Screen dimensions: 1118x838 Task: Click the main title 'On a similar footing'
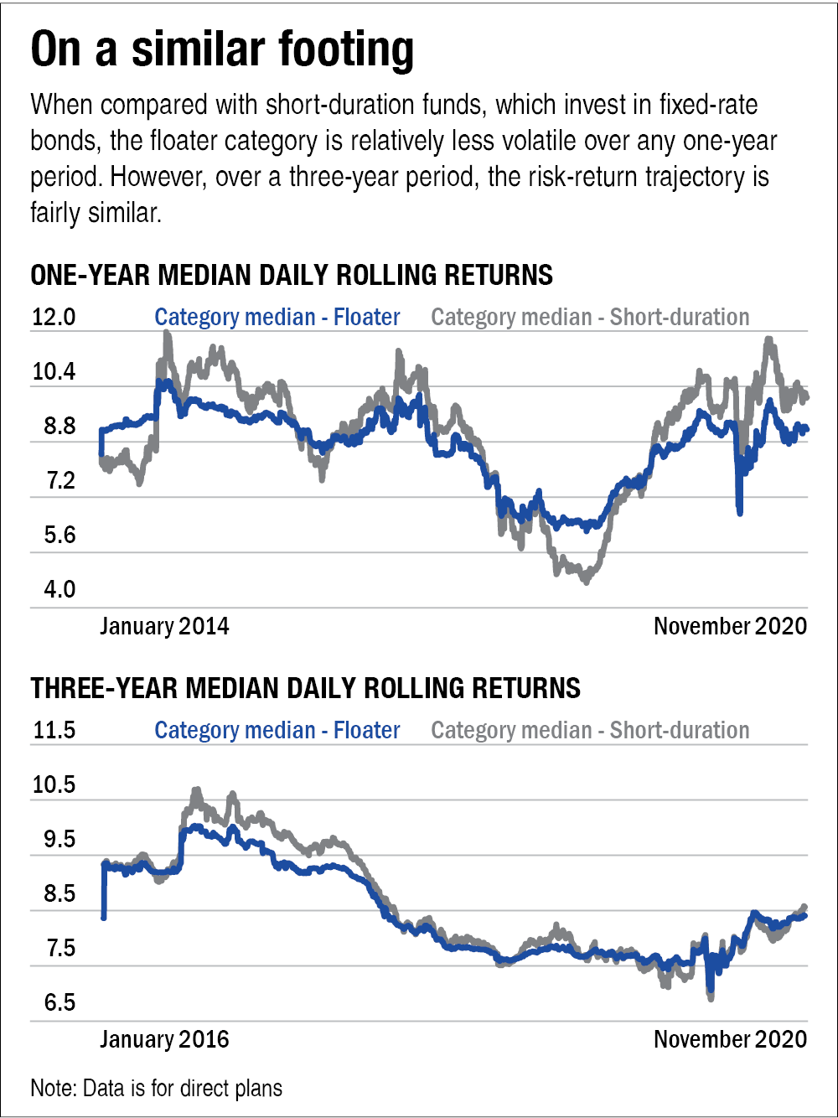pyautogui.click(x=222, y=50)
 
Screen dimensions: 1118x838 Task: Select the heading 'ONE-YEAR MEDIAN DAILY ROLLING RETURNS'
pyautogui.click(x=292, y=275)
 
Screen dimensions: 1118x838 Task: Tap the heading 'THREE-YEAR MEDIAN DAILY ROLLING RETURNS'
pyautogui.click(x=306, y=688)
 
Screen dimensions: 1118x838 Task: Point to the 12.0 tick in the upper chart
pyautogui.click(x=54, y=318)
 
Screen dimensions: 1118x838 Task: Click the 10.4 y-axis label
pyautogui.click(x=54, y=371)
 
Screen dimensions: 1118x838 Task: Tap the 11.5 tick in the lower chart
pyautogui.click(x=54, y=730)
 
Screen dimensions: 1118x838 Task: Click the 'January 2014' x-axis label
pyautogui.click(x=164, y=626)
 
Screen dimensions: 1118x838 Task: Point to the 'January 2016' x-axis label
pyautogui.click(x=164, y=1039)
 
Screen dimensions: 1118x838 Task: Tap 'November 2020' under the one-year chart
pyautogui.click(x=730, y=626)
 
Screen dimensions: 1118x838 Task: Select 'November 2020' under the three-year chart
pyautogui.click(x=730, y=1039)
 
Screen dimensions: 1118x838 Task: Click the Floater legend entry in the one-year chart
pyautogui.click(x=277, y=318)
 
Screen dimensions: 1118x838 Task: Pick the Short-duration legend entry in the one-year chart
pyautogui.click(x=590, y=318)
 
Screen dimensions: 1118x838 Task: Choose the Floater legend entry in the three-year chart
pyautogui.click(x=277, y=730)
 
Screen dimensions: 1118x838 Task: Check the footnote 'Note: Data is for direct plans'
pyautogui.click(x=157, y=1089)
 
